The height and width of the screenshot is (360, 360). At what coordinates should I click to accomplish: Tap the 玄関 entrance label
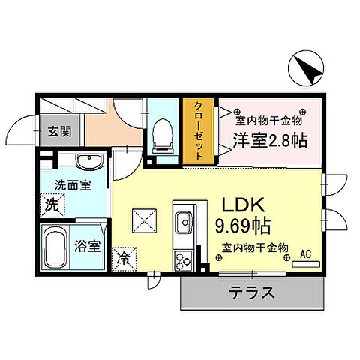click(x=60, y=132)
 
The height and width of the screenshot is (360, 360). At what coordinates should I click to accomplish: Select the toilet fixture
click(x=160, y=136)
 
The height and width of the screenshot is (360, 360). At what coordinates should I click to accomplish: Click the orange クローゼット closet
click(x=199, y=133)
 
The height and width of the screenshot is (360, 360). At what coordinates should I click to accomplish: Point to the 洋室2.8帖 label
click(x=268, y=139)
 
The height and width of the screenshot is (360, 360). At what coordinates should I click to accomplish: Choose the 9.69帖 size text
click(x=243, y=224)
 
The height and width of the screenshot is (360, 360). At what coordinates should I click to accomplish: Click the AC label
click(x=305, y=254)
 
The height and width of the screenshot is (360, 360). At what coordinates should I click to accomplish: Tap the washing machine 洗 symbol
click(x=53, y=202)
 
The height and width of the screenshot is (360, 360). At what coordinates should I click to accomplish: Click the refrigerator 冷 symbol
click(x=122, y=258)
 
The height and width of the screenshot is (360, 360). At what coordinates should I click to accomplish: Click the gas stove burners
click(x=184, y=259)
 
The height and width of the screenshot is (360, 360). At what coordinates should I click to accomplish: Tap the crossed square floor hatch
click(x=144, y=220)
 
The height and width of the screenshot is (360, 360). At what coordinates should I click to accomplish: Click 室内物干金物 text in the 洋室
click(x=268, y=120)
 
